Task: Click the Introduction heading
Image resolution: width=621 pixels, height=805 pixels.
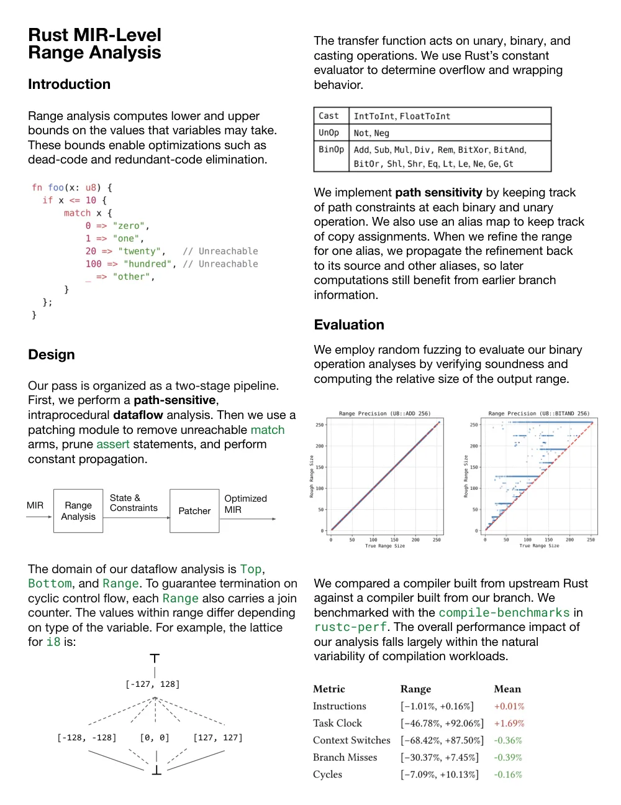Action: click(69, 85)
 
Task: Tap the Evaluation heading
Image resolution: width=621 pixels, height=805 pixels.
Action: click(348, 325)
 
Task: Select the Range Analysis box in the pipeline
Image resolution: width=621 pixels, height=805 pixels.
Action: click(78, 511)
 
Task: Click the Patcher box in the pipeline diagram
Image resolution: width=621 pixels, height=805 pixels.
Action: click(194, 511)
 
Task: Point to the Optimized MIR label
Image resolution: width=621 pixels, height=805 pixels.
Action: click(245, 504)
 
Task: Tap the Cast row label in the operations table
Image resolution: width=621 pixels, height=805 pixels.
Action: click(329, 116)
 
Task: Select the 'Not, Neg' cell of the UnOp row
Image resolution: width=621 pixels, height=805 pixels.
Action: click(371, 133)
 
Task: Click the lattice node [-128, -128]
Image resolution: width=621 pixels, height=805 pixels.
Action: click(87, 738)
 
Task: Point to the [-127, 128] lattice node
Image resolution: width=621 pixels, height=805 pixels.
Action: click(153, 684)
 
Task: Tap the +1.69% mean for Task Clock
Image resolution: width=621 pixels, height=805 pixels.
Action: click(509, 724)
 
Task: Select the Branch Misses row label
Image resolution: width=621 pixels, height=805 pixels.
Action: click(345, 758)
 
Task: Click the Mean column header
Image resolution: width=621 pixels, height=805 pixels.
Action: click(507, 689)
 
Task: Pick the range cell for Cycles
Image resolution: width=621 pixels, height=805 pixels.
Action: click(439, 775)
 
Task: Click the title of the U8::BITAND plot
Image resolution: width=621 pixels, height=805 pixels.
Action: click(538, 413)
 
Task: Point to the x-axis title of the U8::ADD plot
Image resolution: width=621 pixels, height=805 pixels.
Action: click(384, 546)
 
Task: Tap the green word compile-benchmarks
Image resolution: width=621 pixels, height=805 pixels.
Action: click(504, 613)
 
